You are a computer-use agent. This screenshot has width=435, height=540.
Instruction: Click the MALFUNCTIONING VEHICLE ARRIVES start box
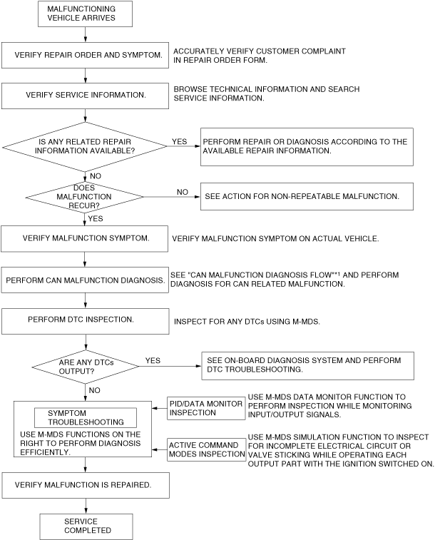point(86,13)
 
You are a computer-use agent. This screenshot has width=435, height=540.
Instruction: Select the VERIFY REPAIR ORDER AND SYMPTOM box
point(86,55)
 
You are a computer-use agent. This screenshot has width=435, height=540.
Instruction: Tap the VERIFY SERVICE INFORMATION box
point(86,95)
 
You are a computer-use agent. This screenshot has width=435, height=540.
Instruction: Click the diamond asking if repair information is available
point(86,146)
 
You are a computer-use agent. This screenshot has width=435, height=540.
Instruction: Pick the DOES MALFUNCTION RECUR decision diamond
point(86,194)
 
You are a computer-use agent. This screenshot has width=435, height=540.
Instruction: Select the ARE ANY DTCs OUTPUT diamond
point(86,366)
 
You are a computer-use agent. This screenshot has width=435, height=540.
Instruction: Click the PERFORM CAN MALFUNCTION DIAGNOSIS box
point(86,280)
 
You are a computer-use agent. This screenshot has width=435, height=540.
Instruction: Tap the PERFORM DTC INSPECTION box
point(86,320)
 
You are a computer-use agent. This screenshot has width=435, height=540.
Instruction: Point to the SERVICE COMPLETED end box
point(86,526)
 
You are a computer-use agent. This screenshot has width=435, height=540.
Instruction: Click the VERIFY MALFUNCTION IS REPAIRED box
point(86,485)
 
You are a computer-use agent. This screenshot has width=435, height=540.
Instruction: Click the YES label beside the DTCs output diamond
point(153,361)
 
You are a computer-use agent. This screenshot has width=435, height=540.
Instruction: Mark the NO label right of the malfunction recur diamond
point(183,192)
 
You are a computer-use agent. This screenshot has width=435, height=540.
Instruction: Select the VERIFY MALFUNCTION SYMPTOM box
point(86,238)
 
